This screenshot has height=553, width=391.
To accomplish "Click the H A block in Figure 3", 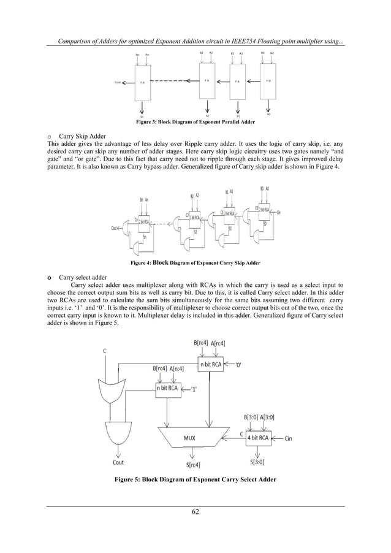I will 268,80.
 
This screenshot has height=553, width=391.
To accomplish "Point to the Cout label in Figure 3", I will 117,82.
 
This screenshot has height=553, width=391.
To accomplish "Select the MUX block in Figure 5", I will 190,438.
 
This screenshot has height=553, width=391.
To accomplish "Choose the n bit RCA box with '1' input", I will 170,388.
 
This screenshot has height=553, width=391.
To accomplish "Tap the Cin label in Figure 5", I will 292,438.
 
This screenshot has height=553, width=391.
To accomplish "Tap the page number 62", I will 195,513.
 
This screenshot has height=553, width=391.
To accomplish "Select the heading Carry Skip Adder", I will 83,137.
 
